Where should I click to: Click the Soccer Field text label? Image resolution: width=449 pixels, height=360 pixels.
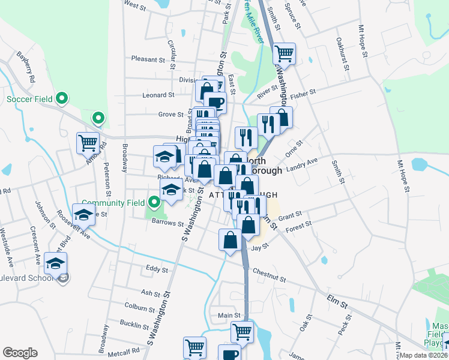(x=29, y=98)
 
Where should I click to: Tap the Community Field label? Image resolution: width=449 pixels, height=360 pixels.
(x=114, y=203)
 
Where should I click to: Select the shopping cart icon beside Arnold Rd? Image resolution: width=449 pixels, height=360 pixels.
(x=88, y=143)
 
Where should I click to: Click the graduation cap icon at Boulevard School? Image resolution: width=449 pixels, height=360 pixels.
(x=55, y=263)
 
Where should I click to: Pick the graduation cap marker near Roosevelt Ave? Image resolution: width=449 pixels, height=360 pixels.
(x=83, y=215)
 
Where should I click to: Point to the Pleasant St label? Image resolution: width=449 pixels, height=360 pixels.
(x=148, y=59)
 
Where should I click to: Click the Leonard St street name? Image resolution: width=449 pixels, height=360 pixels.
(x=158, y=95)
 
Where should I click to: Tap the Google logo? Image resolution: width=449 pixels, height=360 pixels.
(x=20, y=353)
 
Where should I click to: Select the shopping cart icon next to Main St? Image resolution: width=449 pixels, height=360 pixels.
(x=243, y=331)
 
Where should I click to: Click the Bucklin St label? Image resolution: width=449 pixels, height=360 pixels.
(x=134, y=326)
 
